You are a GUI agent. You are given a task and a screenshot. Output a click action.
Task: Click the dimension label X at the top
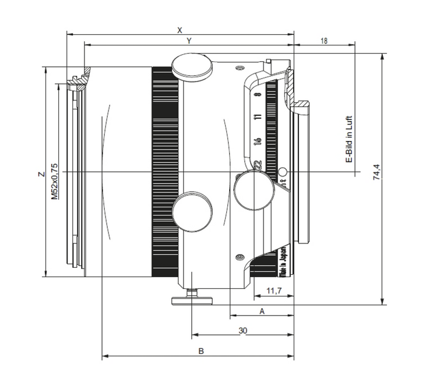[x=180, y=29]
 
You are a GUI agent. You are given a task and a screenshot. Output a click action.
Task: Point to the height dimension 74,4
[x=377, y=172]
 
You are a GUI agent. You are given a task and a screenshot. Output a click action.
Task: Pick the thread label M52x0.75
[x=54, y=181]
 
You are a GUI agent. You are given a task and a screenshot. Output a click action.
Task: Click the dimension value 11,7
[x=273, y=289]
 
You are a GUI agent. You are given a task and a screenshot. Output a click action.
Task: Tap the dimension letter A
[x=262, y=312]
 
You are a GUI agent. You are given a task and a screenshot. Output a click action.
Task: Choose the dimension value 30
[x=242, y=330]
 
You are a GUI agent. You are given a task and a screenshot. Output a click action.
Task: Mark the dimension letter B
[x=200, y=351]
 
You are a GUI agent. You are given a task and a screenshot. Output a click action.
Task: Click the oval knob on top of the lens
[x=192, y=65]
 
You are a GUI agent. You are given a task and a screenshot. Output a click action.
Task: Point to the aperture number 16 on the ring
[x=257, y=142]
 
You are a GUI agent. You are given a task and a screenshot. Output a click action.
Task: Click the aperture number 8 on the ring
[x=257, y=94]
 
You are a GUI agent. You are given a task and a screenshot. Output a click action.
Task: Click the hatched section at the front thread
[x=78, y=79]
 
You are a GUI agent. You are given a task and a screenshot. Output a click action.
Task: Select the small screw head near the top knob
[x=238, y=69]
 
